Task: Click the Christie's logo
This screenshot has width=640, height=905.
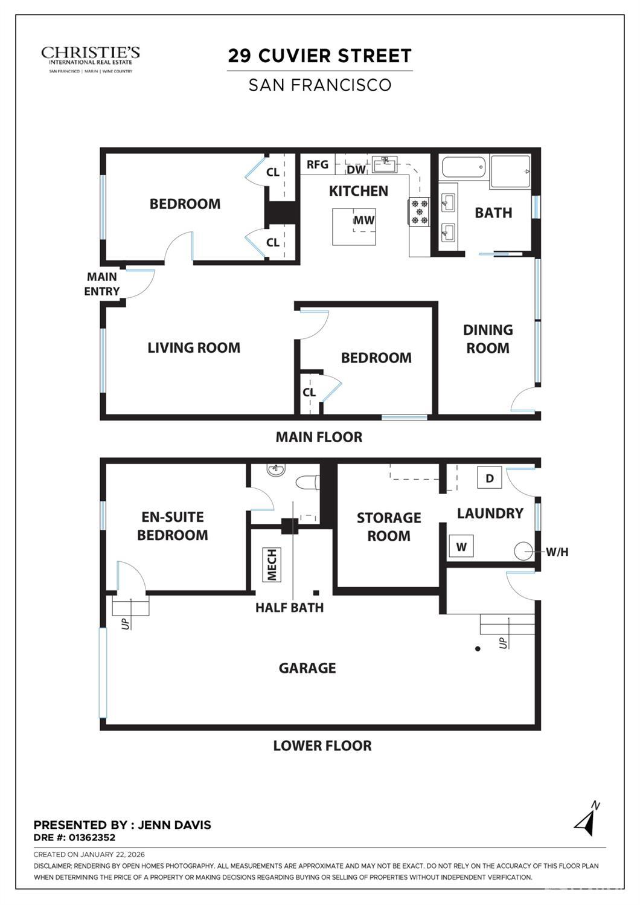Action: pos(91,59)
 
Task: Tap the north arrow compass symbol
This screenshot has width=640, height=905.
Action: pos(586,819)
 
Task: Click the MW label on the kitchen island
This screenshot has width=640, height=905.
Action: pos(363,221)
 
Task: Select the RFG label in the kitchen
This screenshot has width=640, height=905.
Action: pos(318,164)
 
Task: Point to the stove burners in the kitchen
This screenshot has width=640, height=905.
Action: pos(419,211)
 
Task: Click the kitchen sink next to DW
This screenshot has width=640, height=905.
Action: pos(384,163)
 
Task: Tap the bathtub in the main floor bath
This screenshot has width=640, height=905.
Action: pos(463,167)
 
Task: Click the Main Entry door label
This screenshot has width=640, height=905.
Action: pos(102,284)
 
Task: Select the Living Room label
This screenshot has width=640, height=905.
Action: pos(194,347)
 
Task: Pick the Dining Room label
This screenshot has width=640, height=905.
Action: pos(488,339)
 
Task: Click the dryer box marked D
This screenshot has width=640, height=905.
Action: pos(490,478)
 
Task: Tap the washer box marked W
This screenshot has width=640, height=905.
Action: pos(461,547)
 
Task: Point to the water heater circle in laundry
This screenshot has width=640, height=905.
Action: pos(522,551)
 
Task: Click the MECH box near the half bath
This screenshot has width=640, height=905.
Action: pos(272,564)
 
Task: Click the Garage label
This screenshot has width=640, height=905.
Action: pos(307,668)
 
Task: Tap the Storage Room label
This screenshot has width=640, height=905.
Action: pos(388,527)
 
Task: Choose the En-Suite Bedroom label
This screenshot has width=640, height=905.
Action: pos(173,526)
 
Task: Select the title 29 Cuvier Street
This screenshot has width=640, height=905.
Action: pos(319,56)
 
